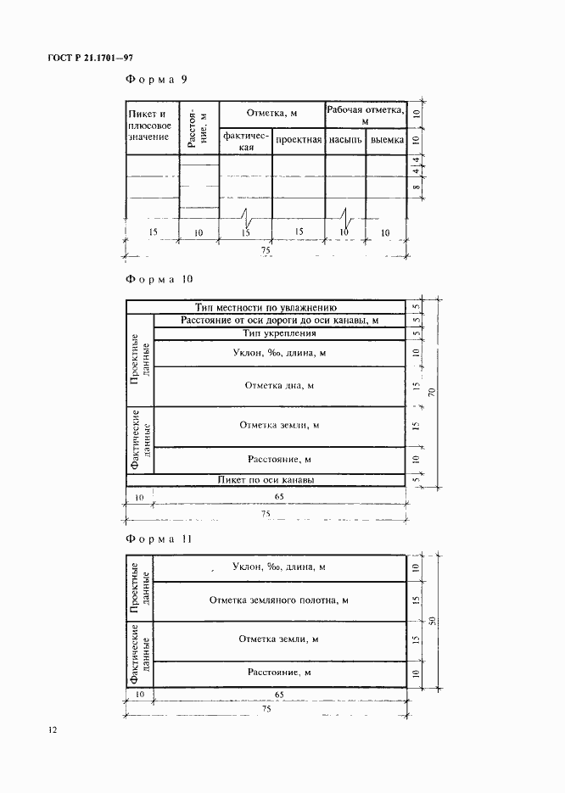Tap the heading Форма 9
155,80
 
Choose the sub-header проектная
298,139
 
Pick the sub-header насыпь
345,139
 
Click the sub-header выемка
386,139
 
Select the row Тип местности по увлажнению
266,307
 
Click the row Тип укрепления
277,333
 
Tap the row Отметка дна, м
279,386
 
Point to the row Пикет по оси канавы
266,479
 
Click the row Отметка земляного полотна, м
279,600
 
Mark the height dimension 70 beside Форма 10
432,392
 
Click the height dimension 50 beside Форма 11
432,621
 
